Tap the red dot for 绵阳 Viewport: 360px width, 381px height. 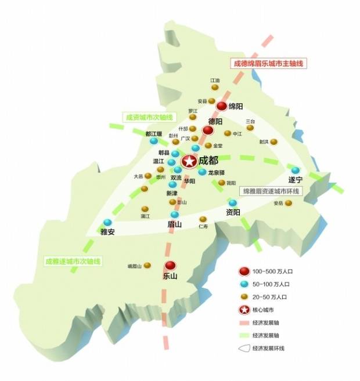click(222, 107)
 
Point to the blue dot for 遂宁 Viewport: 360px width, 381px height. click(296, 170)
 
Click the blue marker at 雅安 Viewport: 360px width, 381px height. click(107, 222)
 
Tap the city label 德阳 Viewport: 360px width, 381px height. click(215, 122)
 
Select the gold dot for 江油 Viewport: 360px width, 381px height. click(215, 88)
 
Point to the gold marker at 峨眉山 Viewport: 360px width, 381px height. click(147, 266)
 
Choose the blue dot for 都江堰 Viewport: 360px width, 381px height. click(153, 141)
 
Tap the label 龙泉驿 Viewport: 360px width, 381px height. click(218, 172)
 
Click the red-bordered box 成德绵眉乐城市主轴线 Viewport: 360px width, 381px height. click(268, 63)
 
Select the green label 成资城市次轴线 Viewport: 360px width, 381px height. click(147, 117)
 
